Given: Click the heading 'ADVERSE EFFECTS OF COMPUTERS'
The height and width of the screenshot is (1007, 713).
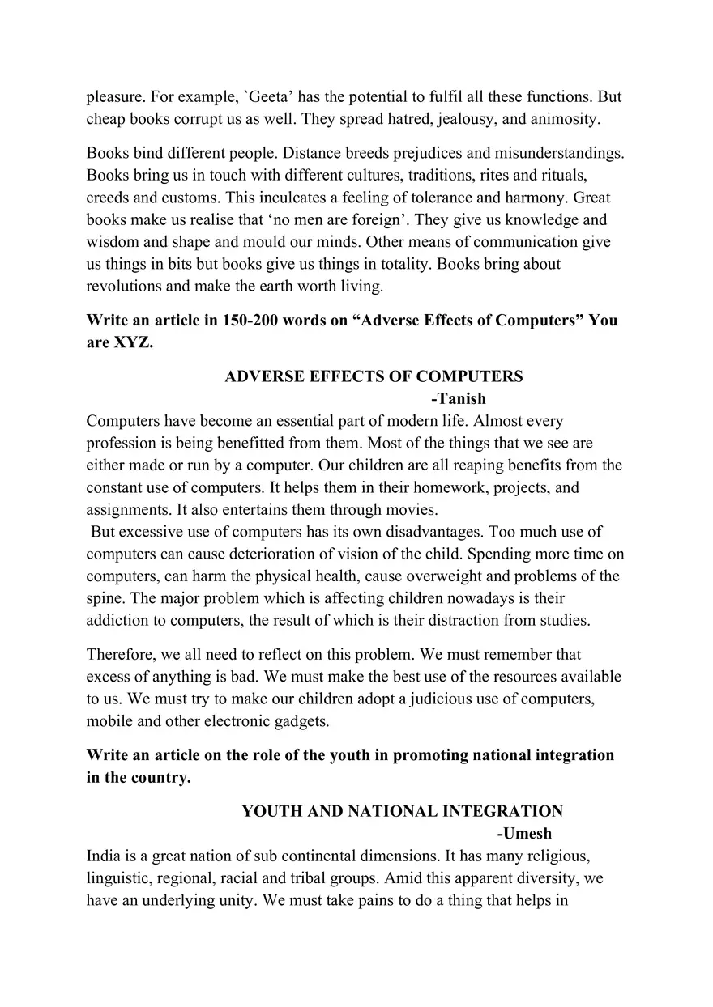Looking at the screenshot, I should [x=374, y=376].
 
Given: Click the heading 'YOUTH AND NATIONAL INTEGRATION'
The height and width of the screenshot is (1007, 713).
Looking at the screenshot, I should [x=402, y=811].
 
